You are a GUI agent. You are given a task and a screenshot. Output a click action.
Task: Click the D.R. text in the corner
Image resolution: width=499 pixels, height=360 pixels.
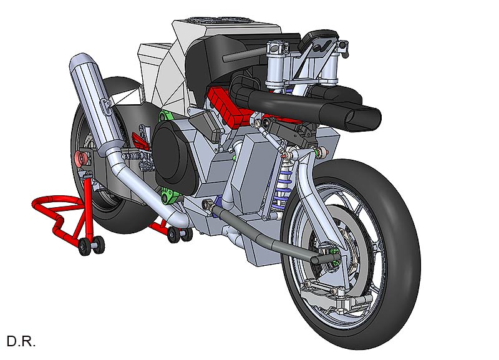pos(21,341)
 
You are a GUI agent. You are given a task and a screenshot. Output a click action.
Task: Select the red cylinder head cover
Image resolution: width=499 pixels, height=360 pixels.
pos(226,105)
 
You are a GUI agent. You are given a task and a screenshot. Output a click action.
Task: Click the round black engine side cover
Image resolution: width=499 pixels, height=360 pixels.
pos(173,158)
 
